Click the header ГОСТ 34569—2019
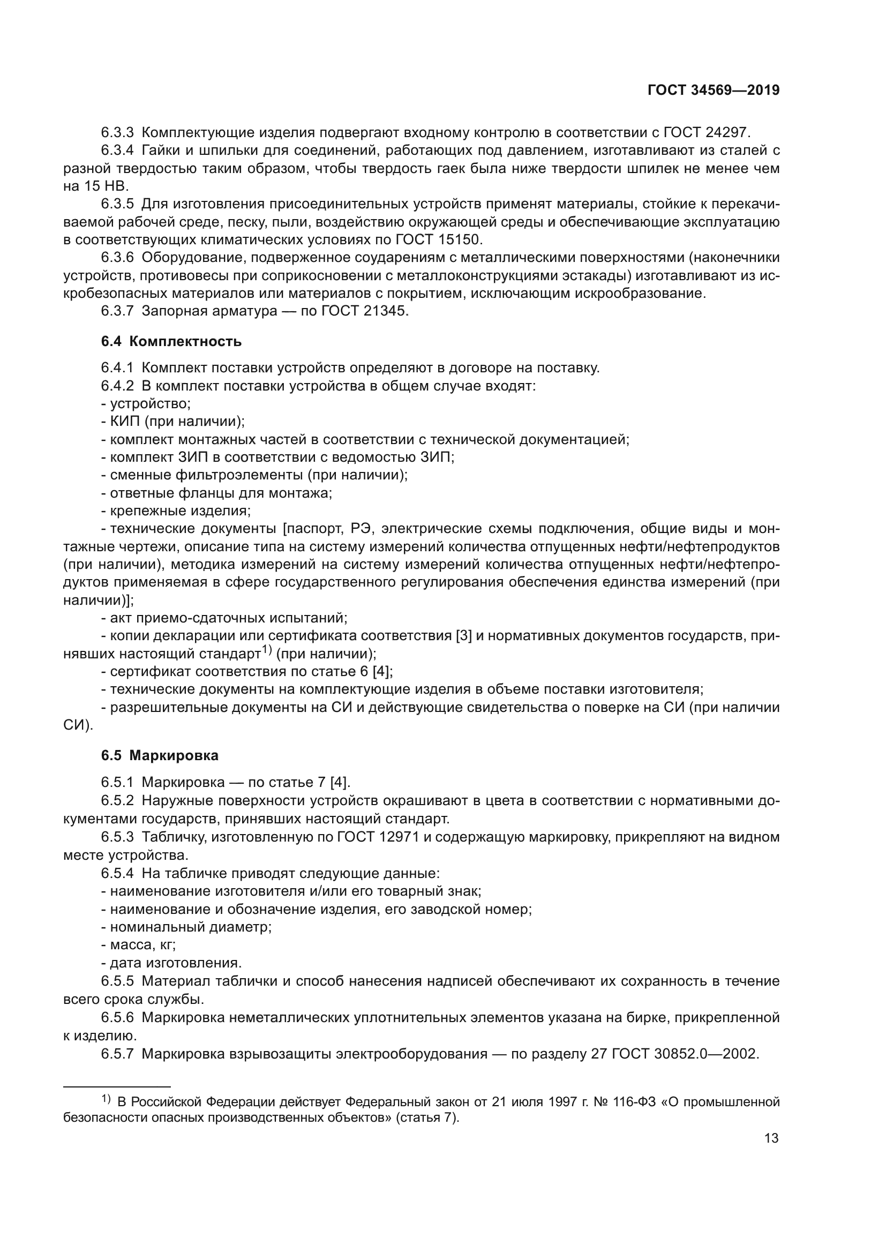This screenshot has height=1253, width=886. [713, 91]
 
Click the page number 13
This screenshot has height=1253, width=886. [771, 1138]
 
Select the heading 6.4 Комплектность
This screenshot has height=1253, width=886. [171, 342]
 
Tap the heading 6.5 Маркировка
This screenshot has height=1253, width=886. [160, 756]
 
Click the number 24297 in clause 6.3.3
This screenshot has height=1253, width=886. [728, 132]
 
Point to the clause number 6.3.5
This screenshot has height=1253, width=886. [117, 204]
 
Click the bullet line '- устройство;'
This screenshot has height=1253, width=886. [146, 404]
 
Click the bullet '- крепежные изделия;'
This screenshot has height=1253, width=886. [176, 512]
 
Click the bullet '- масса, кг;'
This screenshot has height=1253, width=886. [139, 944]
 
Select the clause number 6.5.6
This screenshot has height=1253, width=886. [117, 1017]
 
